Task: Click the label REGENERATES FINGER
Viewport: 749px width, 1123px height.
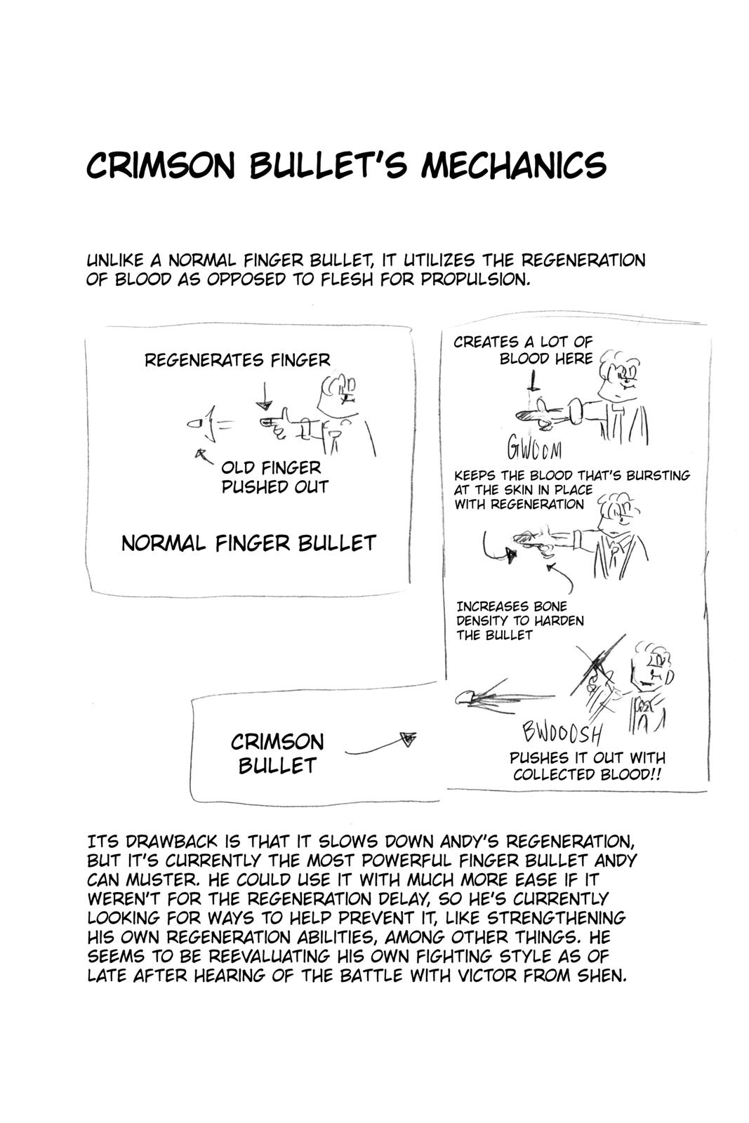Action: coord(237,361)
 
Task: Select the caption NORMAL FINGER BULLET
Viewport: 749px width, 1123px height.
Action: coord(248,543)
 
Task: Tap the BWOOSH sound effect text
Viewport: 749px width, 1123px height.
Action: coord(562,733)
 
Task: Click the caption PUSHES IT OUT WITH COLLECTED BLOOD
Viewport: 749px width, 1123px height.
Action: coord(587,766)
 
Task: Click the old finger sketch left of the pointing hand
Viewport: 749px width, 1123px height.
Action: coord(197,425)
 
